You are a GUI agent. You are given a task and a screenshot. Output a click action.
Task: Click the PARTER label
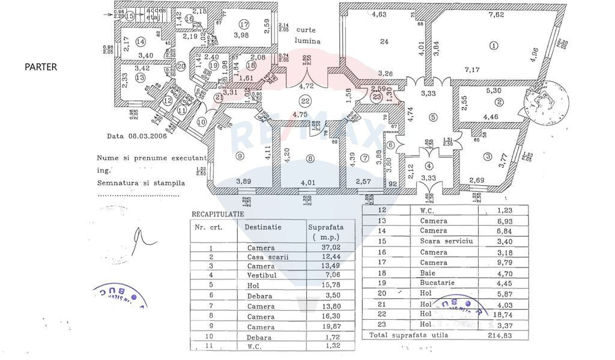click(x=41, y=67)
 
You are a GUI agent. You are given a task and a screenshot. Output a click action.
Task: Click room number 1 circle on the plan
click(x=494, y=44)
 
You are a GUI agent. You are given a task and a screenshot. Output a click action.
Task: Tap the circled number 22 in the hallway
click(x=305, y=101)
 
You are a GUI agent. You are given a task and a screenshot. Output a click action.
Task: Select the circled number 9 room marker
click(x=240, y=157)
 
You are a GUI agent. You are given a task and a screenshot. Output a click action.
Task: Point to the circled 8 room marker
click(x=310, y=159)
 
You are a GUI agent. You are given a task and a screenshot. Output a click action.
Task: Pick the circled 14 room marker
click(x=141, y=41)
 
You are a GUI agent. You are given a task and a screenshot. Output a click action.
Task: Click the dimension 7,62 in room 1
click(x=496, y=15)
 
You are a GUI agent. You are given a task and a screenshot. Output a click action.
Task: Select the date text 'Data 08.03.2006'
click(x=137, y=136)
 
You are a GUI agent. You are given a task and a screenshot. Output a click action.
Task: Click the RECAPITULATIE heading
click(x=217, y=213)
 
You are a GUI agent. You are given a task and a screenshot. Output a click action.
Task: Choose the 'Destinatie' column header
click(x=262, y=227)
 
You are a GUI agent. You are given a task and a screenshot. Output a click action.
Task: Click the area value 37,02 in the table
click(x=321, y=248)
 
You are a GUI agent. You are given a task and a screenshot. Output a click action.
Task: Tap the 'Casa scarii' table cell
click(x=267, y=258)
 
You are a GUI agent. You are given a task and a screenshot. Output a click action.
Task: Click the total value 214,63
click(x=500, y=335)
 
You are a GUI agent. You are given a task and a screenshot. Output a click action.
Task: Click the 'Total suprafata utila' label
click(x=408, y=335)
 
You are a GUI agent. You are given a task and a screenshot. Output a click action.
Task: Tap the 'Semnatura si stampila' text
click(x=141, y=183)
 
